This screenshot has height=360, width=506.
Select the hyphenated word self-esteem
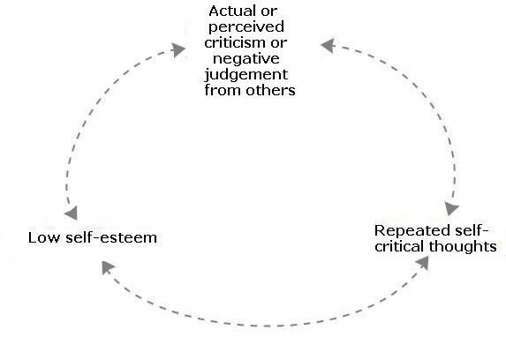[112, 237]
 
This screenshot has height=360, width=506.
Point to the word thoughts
[465, 245]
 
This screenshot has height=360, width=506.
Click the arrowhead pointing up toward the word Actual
[180, 51]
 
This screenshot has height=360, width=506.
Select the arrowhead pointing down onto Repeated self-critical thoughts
[451, 209]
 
